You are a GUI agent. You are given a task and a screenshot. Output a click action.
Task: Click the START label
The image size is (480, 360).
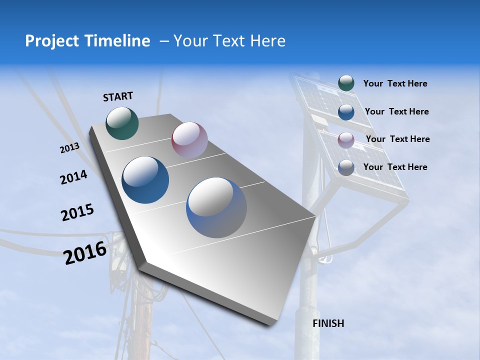tap(118, 96)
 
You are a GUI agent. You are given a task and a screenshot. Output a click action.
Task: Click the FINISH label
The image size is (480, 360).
tap(328, 323)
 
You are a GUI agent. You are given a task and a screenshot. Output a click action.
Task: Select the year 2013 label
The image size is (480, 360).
tap(69, 148)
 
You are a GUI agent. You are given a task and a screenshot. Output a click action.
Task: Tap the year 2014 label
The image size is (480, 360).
tap(73, 177)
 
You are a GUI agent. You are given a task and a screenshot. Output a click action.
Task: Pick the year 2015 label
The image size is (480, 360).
tap(77, 212)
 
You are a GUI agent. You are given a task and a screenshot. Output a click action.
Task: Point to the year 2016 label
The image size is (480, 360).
tap(85, 253)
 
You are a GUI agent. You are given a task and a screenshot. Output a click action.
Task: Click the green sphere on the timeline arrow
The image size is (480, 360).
tap(122, 123)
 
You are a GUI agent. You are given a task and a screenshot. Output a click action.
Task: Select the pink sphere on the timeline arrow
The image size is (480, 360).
tap(189, 140)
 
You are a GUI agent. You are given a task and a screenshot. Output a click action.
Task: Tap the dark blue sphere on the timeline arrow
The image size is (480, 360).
tap(145, 180)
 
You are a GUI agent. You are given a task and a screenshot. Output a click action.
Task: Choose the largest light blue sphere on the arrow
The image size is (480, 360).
tap(216, 207)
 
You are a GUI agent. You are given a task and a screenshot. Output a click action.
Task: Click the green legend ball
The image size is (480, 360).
tap(346, 83)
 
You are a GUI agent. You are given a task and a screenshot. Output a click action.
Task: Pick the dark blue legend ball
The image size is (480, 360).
tap(346, 112)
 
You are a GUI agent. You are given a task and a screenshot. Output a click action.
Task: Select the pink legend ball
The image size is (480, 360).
tap(346, 140)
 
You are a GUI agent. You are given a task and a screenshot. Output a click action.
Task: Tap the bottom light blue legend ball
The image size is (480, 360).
tap(346, 167)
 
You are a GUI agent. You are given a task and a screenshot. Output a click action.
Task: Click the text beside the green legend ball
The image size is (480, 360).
tap(395, 83)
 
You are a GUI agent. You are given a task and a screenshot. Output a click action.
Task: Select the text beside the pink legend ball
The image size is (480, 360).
tap(397, 139)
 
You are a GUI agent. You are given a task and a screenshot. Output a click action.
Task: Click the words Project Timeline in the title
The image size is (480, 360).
tap(87, 41)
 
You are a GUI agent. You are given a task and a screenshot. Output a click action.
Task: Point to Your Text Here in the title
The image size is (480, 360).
tap(229, 41)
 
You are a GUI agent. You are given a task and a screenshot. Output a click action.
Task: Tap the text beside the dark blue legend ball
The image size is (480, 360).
tap(396, 111)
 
